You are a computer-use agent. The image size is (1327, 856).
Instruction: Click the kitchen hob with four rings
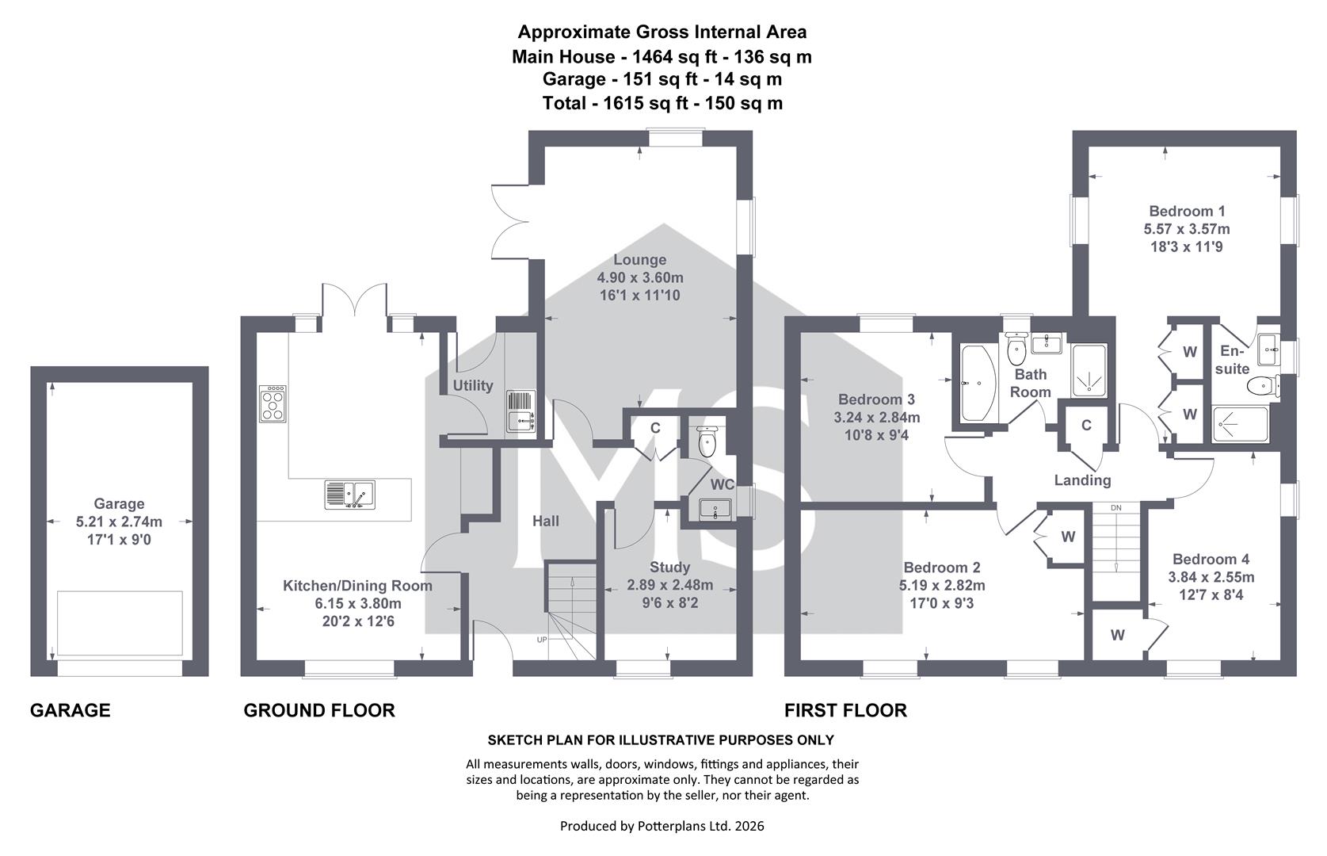273,403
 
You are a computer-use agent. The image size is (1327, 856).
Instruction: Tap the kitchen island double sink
349,495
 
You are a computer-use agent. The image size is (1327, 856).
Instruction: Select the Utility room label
473,385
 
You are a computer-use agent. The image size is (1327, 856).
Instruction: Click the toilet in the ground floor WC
707,441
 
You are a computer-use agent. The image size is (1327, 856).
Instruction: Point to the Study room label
670,567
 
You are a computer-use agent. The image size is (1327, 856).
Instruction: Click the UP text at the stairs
541,640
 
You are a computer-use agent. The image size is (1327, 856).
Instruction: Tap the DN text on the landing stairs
1116,508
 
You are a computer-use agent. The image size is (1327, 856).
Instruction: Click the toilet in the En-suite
1262,387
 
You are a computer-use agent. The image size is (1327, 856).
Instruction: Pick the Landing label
1082,480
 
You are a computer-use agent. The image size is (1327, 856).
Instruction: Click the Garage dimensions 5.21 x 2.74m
119,522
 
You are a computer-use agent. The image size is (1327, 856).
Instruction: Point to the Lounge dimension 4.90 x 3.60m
640,277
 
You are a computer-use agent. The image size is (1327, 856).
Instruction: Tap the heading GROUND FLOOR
319,710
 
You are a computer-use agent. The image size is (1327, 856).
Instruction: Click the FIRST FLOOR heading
845,710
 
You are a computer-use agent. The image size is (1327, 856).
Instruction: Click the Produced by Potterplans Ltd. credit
662,826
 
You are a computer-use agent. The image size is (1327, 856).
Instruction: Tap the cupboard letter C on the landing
1086,425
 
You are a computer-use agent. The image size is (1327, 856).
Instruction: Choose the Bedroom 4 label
1211,559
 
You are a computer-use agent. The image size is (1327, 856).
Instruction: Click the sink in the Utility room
521,411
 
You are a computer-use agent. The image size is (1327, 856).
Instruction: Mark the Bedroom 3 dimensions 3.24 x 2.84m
877,418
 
